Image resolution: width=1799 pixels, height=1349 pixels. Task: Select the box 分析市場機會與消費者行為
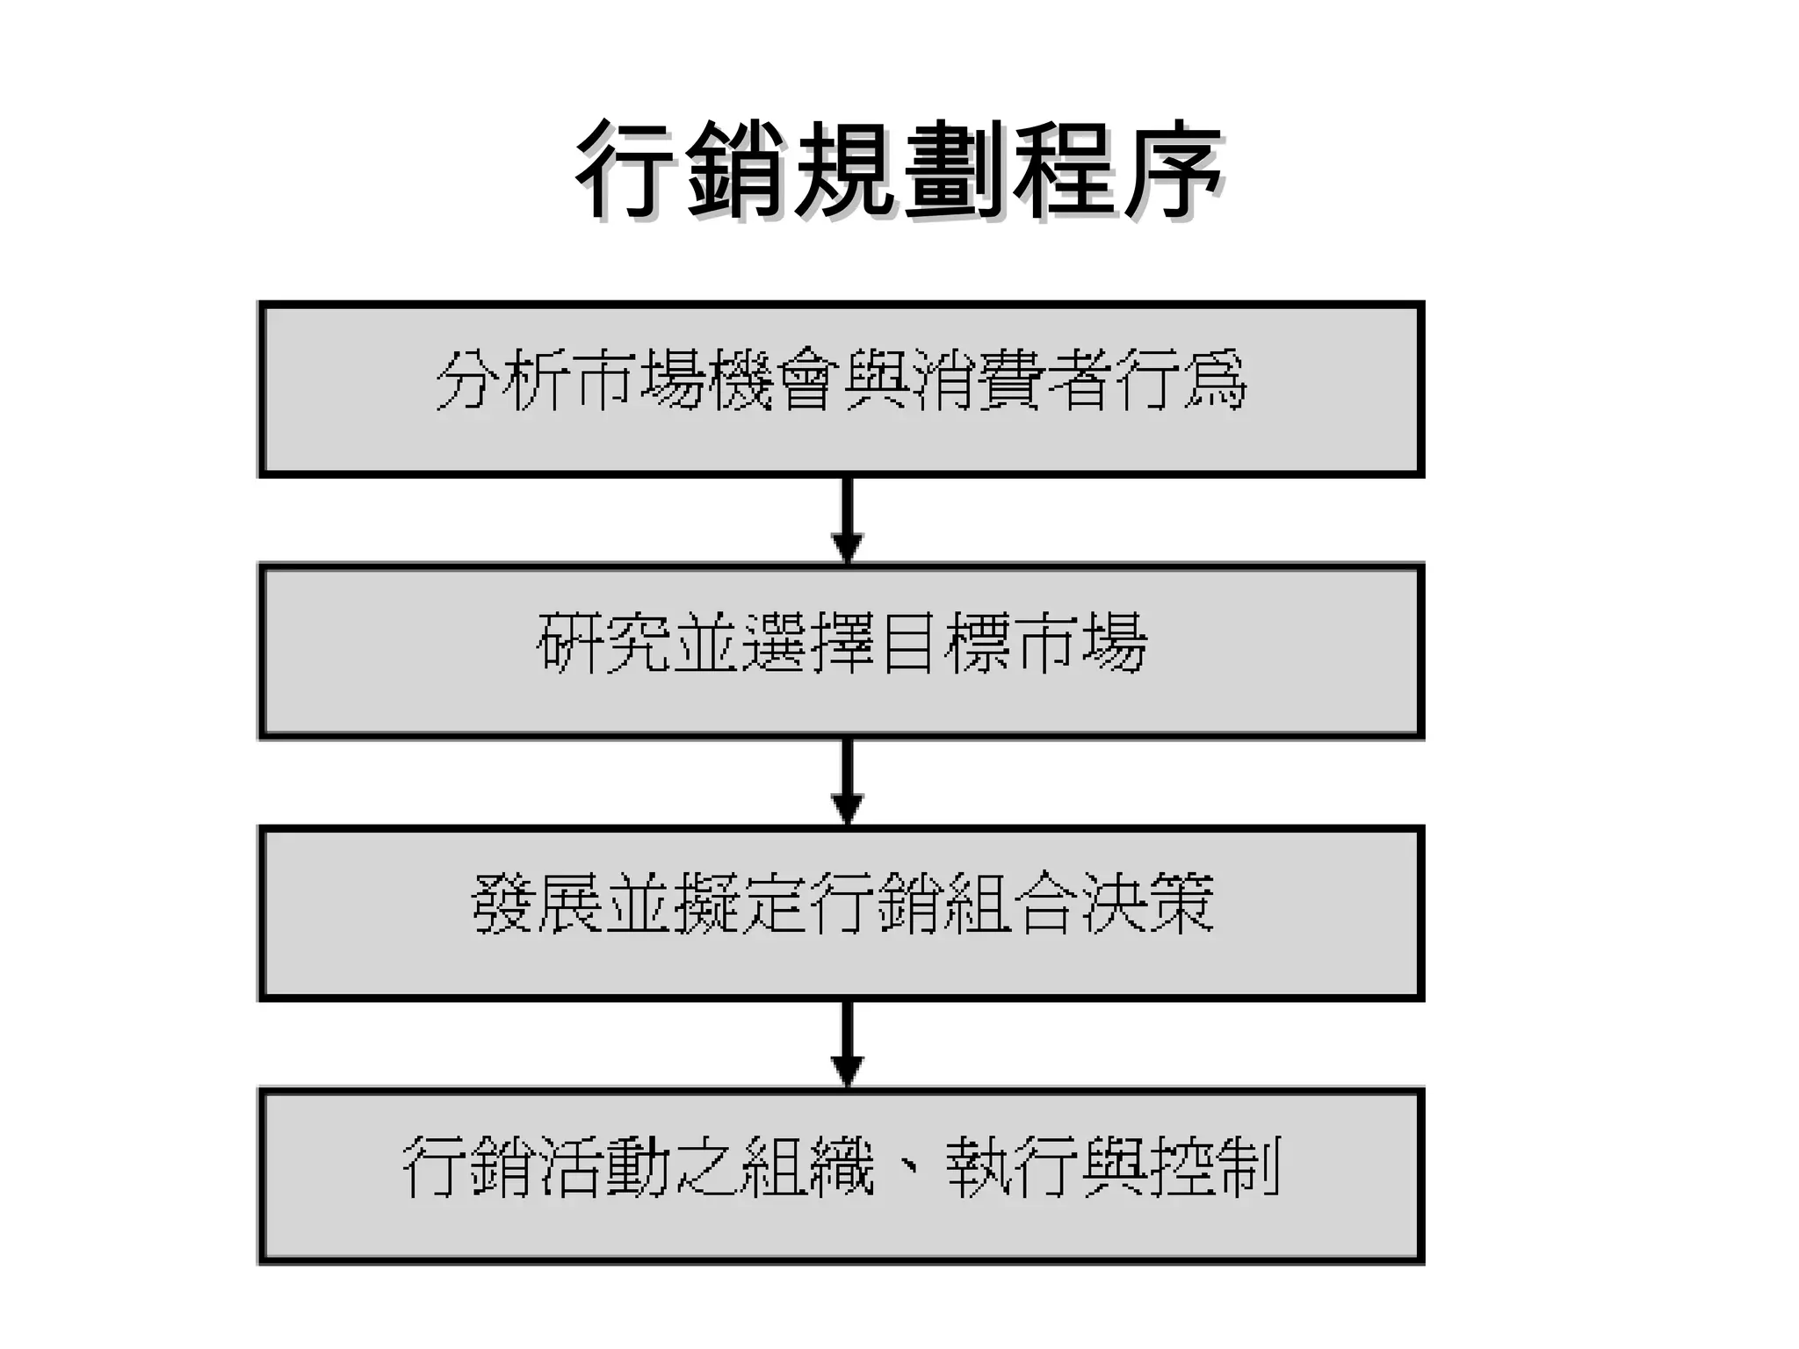pyautogui.click(x=841, y=389)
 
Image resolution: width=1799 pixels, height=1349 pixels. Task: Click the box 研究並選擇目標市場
pyautogui.click(x=841, y=651)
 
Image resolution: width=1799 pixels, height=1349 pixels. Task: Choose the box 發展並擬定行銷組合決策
pyautogui.click(x=841, y=913)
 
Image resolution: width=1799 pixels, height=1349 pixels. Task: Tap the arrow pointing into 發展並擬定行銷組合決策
pyautogui.click(x=847, y=782)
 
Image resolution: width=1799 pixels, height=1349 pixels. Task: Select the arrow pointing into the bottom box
pyautogui.click(x=847, y=1044)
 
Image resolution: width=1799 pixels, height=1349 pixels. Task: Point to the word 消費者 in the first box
pyautogui.click(x=1010, y=380)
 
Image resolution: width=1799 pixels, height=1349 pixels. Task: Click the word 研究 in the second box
pyautogui.click(x=603, y=643)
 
